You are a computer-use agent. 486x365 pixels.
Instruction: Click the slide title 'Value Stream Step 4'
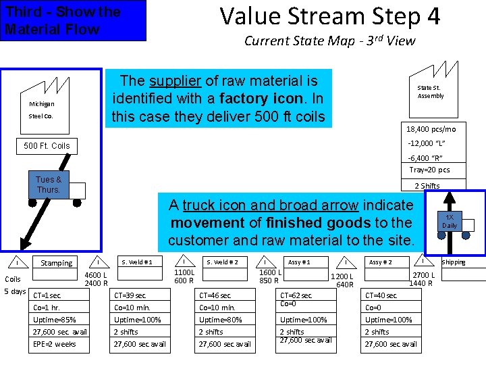[x=330, y=16]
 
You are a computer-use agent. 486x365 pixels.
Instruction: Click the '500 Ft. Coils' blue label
[x=47, y=145]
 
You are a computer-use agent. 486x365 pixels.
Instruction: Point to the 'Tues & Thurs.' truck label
[x=49, y=185]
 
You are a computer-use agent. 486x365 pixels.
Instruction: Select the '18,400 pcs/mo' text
[x=431, y=129]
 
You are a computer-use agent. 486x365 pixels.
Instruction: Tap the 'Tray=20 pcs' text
[x=429, y=170]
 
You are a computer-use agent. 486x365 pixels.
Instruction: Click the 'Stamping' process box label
[x=57, y=263]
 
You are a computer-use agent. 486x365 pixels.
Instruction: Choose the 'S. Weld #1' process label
[x=137, y=262]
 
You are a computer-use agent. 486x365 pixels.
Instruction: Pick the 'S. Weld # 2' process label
[x=222, y=262]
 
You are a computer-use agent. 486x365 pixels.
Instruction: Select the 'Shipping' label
[x=453, y=262]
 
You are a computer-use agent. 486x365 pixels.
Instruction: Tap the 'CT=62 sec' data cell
[x=296, y=295]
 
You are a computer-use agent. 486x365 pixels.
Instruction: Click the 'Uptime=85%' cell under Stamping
[x=55, y=320]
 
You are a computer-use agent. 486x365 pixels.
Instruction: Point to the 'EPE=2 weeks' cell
[x=55, y=344]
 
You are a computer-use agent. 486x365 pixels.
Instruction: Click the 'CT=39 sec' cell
[x=130, y=295]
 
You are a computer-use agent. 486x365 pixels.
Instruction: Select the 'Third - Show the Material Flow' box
[x=72, y=20]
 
